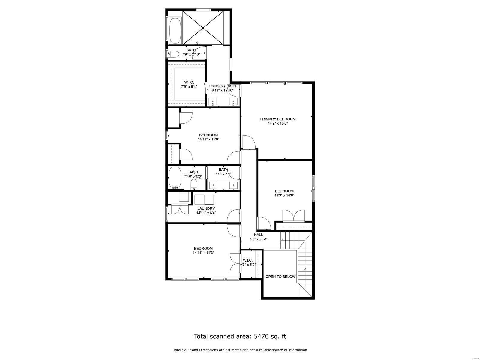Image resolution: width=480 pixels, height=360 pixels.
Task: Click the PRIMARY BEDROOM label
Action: tap(277, 119)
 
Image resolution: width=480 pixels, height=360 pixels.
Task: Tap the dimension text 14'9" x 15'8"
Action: tap(277, 123)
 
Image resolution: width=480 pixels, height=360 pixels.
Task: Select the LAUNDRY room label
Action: tap(206, 208)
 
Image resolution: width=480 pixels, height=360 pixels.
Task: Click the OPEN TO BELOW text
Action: tap(280, 277)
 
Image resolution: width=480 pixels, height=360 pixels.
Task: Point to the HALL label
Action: tap(258, 235)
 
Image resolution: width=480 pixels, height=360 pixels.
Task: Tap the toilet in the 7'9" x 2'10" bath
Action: tap(173, 54)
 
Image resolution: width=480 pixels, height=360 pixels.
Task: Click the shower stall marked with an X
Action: tap(203, 28)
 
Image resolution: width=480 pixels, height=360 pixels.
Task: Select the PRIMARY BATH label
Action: tap(222, 86)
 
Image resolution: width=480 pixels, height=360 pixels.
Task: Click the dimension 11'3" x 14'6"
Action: tap(284, 196)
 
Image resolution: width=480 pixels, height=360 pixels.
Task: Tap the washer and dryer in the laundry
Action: tap(204, 199)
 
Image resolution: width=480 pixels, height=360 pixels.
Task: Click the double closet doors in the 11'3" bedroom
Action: tap(294, 216)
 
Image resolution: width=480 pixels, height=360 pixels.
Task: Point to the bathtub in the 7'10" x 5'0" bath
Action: tap(175, 178)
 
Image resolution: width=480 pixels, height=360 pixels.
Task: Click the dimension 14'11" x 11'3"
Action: tap(203, 253)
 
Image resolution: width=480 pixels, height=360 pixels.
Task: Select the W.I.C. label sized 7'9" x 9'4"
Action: tap(189, 82)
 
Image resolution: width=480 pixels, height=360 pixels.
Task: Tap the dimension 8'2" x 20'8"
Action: tap(258, 239)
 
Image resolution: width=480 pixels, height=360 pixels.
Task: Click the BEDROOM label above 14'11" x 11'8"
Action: tap(208, 135)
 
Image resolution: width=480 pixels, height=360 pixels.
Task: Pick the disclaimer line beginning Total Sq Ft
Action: tap(240, 350)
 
